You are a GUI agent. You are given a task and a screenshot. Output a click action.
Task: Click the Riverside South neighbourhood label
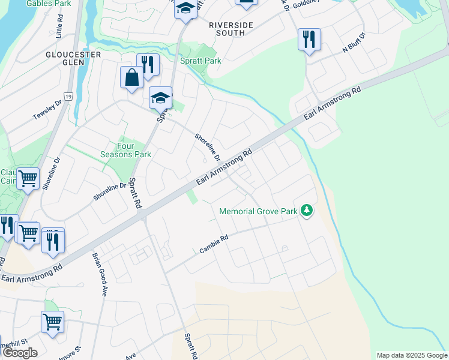(x=227, y=29)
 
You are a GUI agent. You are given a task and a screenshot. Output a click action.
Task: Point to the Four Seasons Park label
(x=134, y=150)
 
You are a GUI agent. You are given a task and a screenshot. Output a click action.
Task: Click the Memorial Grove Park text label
(x=258, y=211)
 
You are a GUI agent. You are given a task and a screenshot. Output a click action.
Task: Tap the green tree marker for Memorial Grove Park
(x=307, y=211)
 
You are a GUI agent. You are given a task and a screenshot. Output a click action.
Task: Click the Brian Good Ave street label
(x=99, y=274)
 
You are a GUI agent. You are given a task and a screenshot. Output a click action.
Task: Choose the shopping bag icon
(x=131, y=77)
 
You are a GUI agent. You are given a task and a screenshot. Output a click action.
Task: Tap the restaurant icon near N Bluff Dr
(x=309, y=40)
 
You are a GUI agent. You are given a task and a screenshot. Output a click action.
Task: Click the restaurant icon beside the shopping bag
(x=148, y=64)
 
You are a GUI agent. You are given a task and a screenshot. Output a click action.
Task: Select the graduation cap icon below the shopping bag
(x=160, y=97)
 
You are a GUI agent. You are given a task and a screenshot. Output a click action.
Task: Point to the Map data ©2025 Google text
(x=411, y=355)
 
